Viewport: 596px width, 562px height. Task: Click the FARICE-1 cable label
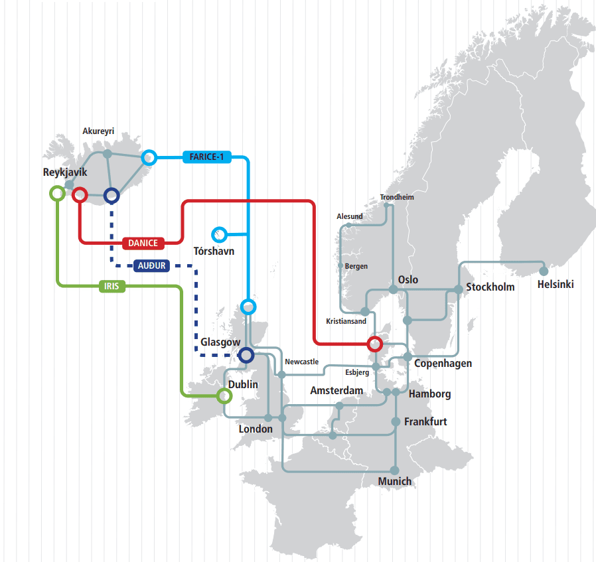pyautogui.click(x=207, y=157)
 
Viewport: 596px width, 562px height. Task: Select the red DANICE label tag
pyautogui.click(x=143, y=244)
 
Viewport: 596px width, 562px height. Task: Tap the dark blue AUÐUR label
pyautogui.click(x=152, y=265)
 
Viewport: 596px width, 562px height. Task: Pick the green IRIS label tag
pyautogui.click(x=112, y=286)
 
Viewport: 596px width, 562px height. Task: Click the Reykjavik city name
pyautogui.click(x=65, y=173)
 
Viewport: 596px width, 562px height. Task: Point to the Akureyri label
pyautogui.click(x=98, y=131)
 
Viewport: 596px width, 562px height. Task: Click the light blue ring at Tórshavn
pyautogui.click(x=219, y=235)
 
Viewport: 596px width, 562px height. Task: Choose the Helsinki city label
pyautogui.click(x=556, y=284)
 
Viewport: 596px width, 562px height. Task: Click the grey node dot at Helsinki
pyautogui.click(x=544, y=271)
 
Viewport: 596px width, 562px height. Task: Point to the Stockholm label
pyautogui.click(x=490, y=287)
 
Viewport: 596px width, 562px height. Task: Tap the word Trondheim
pyautogui.click(x=397, y=197)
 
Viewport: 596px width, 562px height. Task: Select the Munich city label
pyautogui.click(x=394, y=482)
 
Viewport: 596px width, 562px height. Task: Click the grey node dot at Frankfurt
pyautogui.click(x=396, y=422)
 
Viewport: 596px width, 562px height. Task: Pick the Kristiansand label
pyautogui.click(x=346, y=321)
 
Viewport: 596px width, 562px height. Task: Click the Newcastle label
pyautogui.click(x=302, y=362)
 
